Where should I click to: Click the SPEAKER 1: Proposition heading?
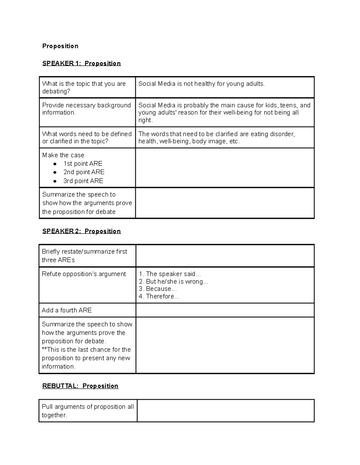81,63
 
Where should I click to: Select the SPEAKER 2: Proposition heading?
81,231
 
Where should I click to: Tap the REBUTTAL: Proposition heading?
80,386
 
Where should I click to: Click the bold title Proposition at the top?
60,46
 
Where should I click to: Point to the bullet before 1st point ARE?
55,164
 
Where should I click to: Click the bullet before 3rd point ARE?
55,181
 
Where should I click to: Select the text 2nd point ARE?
84,172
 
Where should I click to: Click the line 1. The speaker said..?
170,274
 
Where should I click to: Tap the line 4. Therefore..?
159,296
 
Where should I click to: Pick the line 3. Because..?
158,289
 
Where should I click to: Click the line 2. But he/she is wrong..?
173,281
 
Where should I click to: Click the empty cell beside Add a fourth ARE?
225,310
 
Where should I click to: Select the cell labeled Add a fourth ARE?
67,310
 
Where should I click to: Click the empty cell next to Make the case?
225,168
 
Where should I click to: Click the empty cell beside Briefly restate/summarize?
225,256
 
